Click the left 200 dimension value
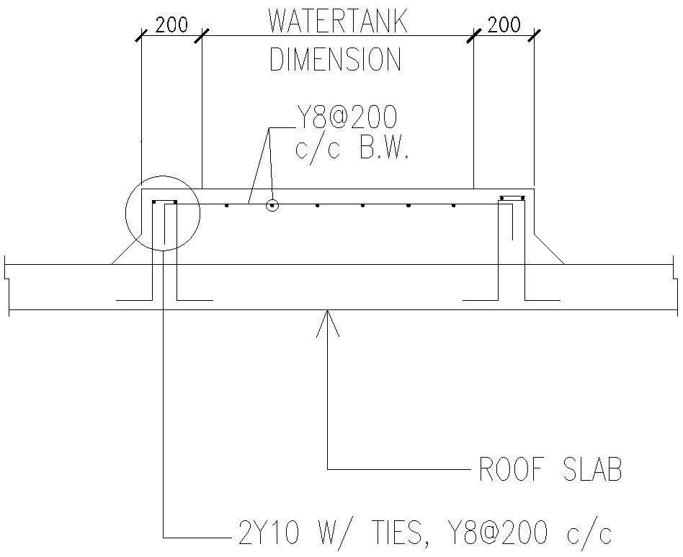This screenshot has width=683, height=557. [171, 25]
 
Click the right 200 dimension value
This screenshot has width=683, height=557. [504, 25]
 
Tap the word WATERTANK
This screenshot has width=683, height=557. [338, 20]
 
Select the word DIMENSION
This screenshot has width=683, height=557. [335, 59]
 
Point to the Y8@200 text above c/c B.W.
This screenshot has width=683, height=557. [347, 117]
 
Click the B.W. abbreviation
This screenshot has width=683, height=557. [383, 149]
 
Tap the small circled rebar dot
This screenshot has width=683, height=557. [272, 205]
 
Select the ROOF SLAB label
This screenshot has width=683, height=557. [550, 469]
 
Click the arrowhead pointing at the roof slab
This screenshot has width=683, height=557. [328, 322]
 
